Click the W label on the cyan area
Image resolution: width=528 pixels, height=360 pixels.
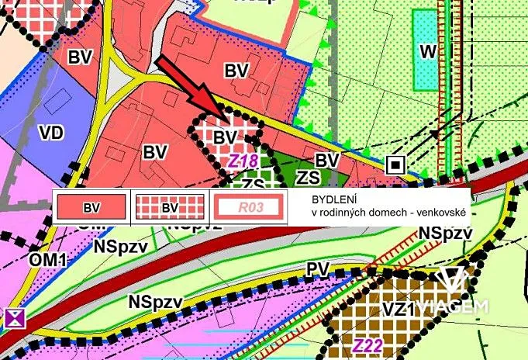click(426, 52)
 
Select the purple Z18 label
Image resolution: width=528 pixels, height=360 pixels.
click(243, 161)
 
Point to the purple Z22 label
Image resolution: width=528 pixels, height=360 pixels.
click(368, 346)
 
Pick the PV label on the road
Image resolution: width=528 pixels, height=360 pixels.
click(317, 268)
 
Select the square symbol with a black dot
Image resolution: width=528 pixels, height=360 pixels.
click(396, 164)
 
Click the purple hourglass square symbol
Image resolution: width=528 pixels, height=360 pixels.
click(14, 317)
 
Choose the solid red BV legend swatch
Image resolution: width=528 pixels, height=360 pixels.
click(92, 208)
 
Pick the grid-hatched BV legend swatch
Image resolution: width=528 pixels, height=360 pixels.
click(170, 208)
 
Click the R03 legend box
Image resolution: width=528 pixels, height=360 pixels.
click(247, 208)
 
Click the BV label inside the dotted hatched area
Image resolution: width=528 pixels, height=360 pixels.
click(225, 137)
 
